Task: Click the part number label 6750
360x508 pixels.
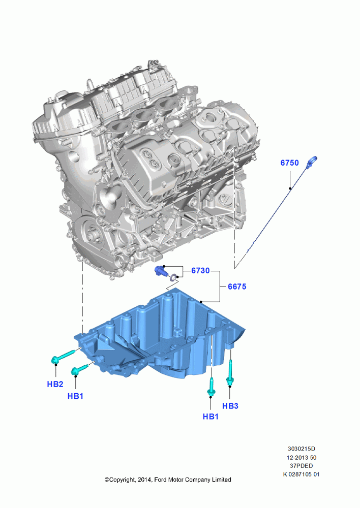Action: point(289,163)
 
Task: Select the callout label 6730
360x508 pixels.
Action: point(200,270)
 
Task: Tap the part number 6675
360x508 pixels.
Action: point(237,287)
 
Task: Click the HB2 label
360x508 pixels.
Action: point(55,384)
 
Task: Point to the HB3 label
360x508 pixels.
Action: point(230,405)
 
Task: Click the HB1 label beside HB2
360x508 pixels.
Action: point(75,396)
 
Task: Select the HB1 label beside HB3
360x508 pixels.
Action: point(211,417)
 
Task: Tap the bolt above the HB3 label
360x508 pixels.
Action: point(230,373)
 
